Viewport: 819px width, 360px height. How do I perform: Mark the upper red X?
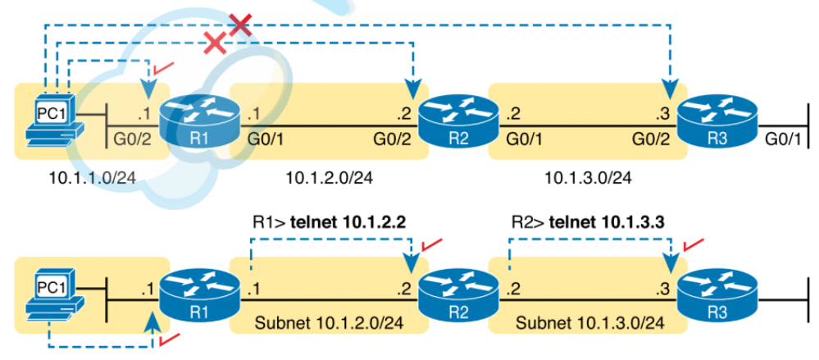[x=239, y=25]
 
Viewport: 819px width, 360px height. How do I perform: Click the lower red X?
[x=215, y=43]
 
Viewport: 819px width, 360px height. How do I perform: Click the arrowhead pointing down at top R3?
[x=671, y=84]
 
